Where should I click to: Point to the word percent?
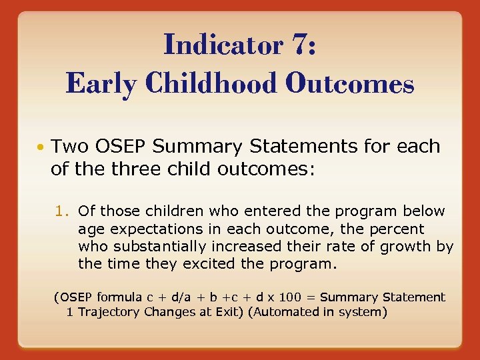(x=399, y=229)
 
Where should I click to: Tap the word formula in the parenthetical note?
(x=119, y=297)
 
